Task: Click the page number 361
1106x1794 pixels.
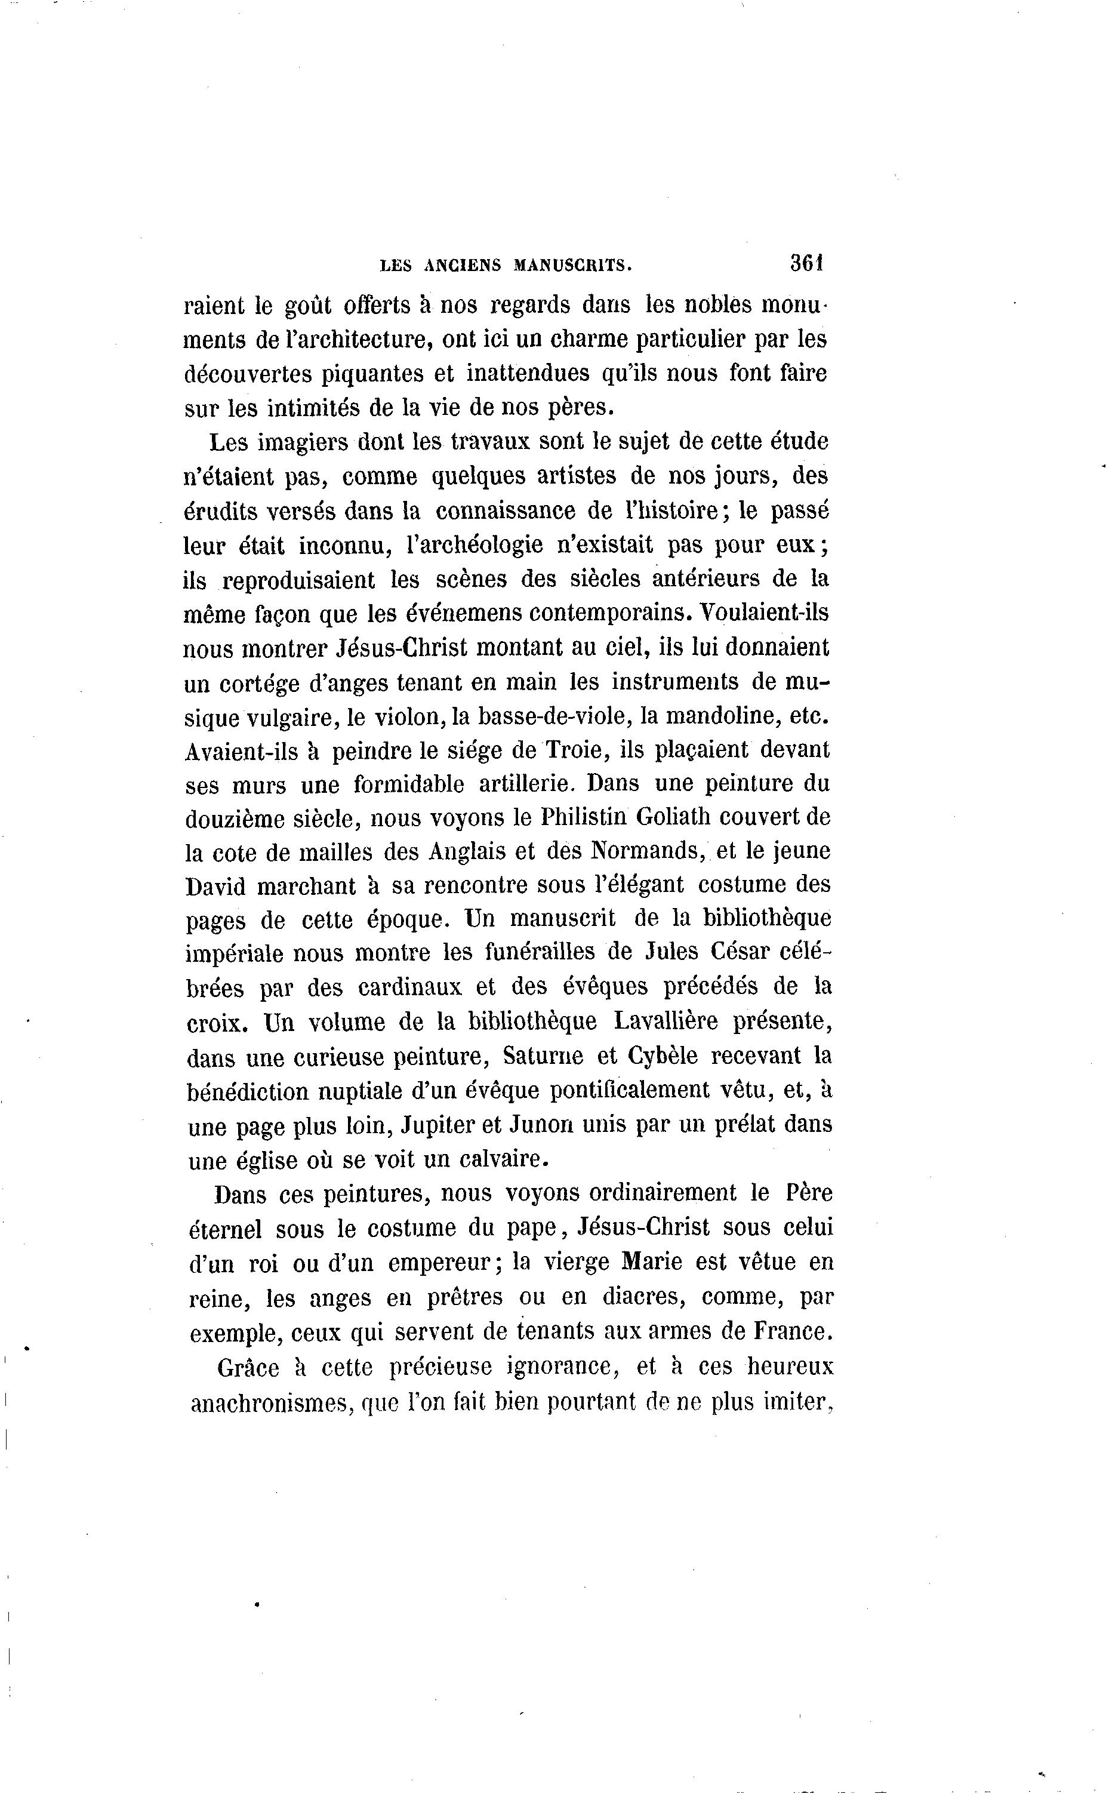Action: coord(807,263)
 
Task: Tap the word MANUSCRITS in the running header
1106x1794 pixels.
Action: coord(573,266)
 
